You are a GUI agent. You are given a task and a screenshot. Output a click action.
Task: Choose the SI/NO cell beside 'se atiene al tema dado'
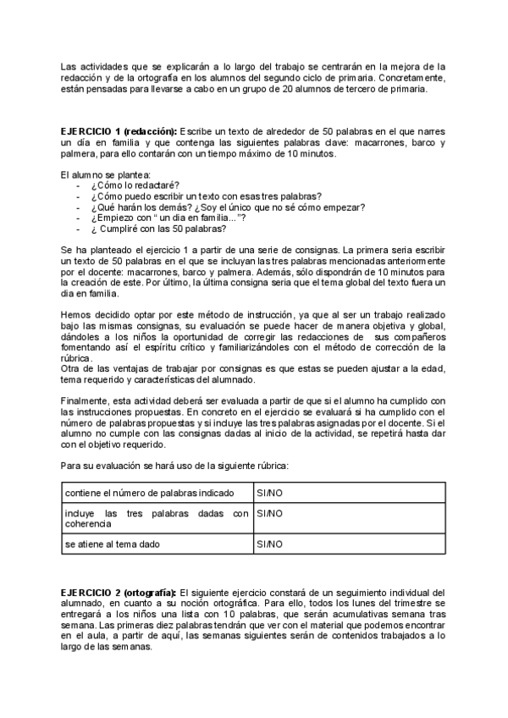pyautogui.click(x=270, y=544)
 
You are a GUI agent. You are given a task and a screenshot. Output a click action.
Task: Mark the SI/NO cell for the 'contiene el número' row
pyautogui.click(x=270, y=492)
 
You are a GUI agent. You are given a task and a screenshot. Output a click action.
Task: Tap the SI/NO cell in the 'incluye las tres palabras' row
pyautogui.click(x=270, y=513)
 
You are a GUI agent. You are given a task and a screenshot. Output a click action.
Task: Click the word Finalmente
pyautogui.click(x=85, y=400)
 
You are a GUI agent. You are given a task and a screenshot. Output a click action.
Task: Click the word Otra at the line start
pyautogui.click(x=71, y=369)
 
